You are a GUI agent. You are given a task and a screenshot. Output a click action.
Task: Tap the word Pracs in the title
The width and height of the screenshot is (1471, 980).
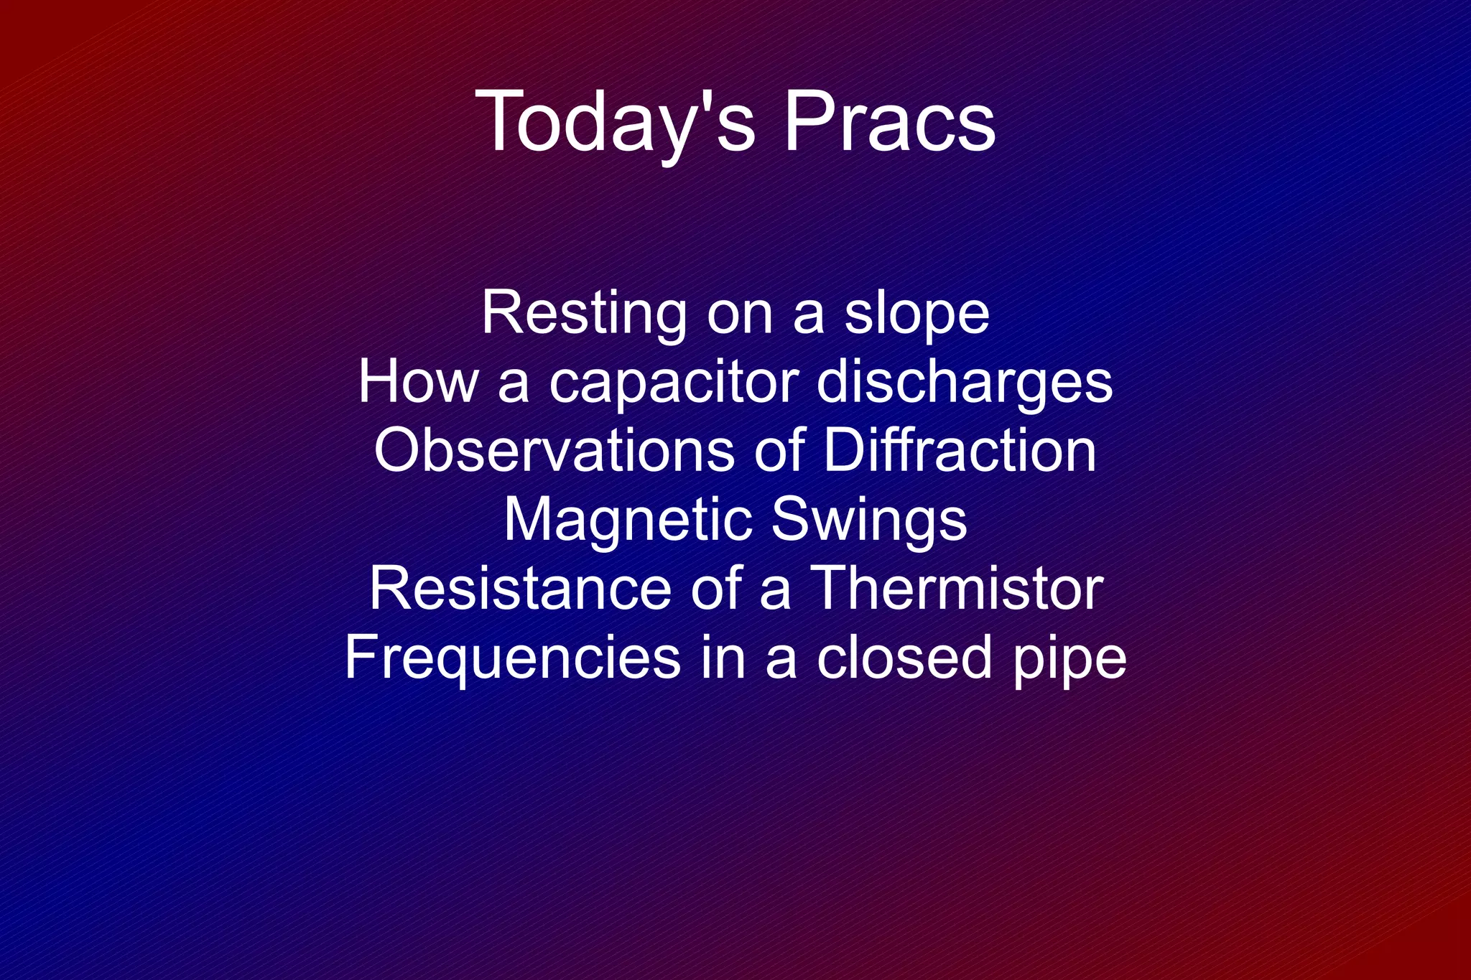click(x=889, y=121)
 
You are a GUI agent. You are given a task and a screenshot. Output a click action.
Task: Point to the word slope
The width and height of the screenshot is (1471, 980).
click(x=917, y=314)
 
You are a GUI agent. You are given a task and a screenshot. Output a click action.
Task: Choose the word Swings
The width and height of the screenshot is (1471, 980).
click(x=869, y=521)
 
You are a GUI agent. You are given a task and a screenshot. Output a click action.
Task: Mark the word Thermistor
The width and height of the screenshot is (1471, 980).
click(x=955, y=589)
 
